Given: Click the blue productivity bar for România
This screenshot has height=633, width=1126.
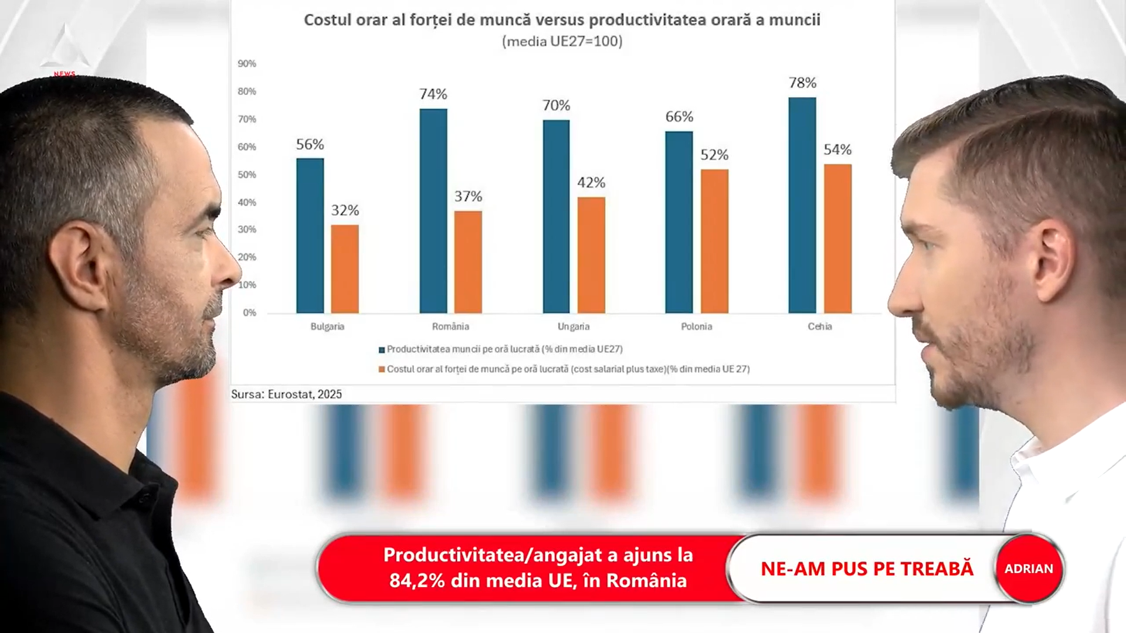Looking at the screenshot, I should [433, 211].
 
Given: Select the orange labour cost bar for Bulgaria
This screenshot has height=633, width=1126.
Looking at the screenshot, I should [345, 269].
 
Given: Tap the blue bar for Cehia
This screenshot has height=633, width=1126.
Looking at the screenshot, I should [802, 205].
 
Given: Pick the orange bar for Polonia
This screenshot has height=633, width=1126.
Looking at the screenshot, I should [714, 241].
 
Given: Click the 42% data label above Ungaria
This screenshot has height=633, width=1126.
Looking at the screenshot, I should [591, 183].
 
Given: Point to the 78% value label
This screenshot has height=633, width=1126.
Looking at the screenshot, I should [802, 83].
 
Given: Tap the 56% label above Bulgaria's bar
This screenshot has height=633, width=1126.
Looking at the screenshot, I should [310, 145].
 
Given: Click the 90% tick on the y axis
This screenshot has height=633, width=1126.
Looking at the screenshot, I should [247, 64].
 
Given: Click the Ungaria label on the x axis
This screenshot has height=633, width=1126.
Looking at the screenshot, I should [574, 326].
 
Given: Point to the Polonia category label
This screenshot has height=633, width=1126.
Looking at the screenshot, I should [696, 326].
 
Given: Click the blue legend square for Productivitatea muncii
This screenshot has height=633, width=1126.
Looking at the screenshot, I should [382, 350].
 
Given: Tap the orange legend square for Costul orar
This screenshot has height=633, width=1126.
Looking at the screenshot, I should [382, 370].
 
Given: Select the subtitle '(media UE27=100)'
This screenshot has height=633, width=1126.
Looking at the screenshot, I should [562, 42].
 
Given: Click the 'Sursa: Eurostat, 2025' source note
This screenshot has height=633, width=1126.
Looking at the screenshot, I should [286, 394].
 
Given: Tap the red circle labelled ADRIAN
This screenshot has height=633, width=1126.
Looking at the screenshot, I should [1029, 569].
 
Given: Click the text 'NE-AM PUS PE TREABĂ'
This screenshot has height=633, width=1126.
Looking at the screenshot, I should [867, 569].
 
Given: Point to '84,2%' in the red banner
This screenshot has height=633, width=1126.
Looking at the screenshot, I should [417, 581].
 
